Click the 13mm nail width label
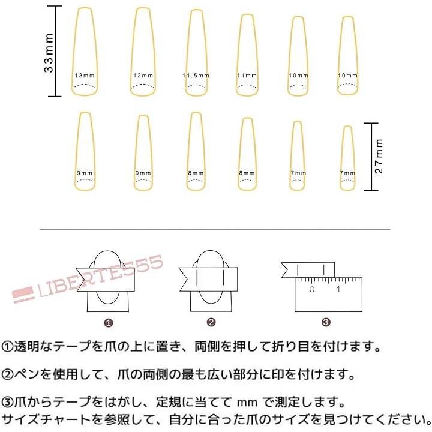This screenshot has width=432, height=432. click(x=85, y=76)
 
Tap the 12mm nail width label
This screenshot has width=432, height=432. click(x=143, y=76)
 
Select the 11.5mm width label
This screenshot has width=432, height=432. click(x=196, y=76)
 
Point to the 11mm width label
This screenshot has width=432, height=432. click(x=247, y=76)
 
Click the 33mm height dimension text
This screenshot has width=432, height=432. click(x=49, y=53)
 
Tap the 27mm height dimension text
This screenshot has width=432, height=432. click(x=379, y=156)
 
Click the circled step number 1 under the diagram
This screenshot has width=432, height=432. click(x=109, y=323)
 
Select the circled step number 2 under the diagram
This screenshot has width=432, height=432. click(x=211, y=322)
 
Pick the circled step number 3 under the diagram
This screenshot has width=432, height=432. click(x=326, y=322)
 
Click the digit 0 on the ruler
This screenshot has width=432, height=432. click(x=312, y=289)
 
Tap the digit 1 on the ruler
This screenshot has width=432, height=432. click(x=338, y=289)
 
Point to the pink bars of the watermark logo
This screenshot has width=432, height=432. click(x=23, y=295)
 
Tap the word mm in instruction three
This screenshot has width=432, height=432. click(x=247, y=403)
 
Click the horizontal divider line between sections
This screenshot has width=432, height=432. click(x=215, y=229)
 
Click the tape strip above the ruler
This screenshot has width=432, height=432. click(x=308, y=270)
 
